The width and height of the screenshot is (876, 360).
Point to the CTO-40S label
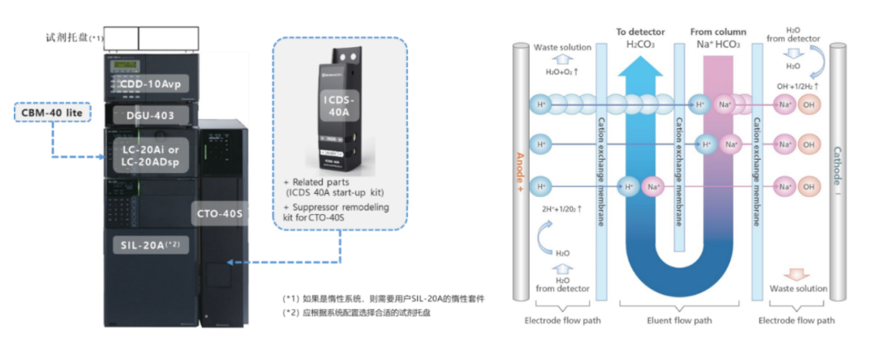tap(220, 214)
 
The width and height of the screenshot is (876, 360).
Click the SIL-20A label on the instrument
tap(145, 243)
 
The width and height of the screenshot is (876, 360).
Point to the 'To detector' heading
tap(639, 32)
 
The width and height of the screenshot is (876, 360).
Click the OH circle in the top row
tap(806, 105)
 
